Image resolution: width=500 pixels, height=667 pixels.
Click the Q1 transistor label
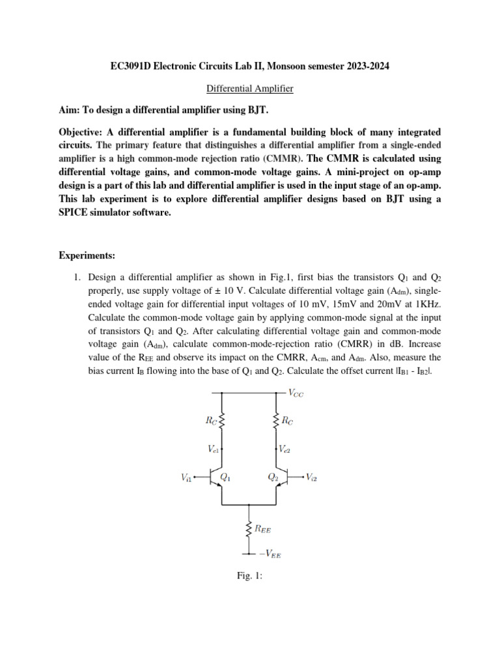(226, 477)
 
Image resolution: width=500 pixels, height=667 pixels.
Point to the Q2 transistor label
(273, 477)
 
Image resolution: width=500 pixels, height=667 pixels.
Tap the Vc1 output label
(214, 449)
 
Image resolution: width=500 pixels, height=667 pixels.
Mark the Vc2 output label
(285, 449)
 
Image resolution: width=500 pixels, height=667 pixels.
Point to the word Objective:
(84, 131)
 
